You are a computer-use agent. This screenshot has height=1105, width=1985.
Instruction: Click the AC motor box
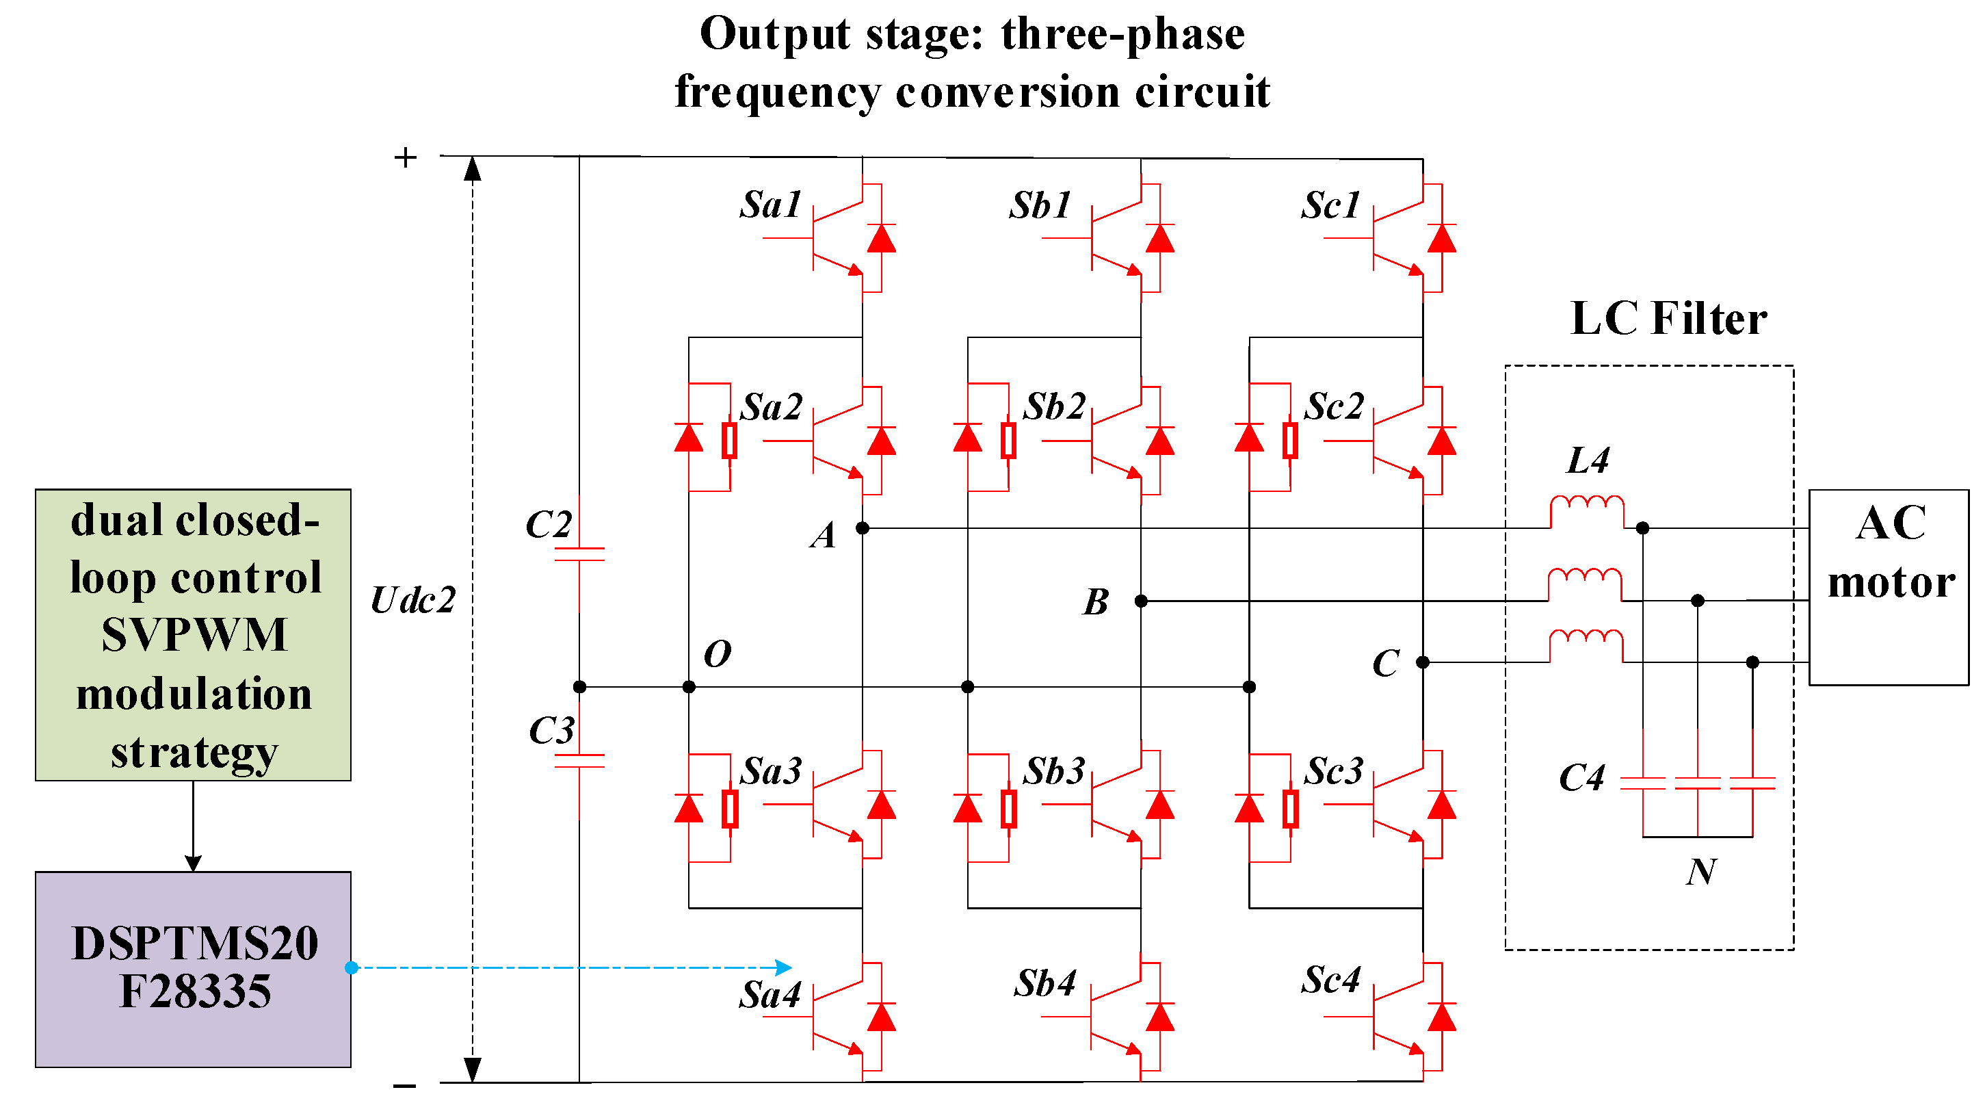click(x=1888, y=586)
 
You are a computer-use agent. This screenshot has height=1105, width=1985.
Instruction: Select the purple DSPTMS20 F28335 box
click(x=193, y=969)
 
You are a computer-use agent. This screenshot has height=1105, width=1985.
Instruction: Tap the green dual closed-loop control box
click(x=193, y=634)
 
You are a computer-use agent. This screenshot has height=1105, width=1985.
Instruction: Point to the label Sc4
click(x=1331, y=980)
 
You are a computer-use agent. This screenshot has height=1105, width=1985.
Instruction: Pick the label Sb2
click(x=1054, y=406)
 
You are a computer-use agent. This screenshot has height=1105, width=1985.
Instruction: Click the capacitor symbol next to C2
click(x=579, y=554)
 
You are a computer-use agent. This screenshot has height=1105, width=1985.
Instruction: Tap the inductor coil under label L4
click(x=1587, y=511)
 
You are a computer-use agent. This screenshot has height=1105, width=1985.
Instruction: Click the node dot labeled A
click(x=863, y=528)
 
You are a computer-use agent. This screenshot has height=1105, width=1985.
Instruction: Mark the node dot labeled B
click(x=1141, y=600)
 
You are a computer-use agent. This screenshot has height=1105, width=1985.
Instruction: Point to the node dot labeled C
click(x=1423, y=662)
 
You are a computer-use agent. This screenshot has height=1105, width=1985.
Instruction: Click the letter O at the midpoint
click(x=717, y=653)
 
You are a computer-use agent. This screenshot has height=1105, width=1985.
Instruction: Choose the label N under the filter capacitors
click(x=1700, y=872)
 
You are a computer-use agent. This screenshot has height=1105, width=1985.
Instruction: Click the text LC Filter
click(x=1668, y=318)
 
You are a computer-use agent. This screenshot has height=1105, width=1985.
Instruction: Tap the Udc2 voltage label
click(x=413, y=599)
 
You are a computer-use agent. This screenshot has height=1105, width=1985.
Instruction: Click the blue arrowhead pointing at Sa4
click(x=784, y=967)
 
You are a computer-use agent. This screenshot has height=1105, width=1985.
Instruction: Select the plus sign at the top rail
click(x=406, y=158)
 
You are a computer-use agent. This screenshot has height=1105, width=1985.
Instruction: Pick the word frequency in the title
click(x=778, y=92)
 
